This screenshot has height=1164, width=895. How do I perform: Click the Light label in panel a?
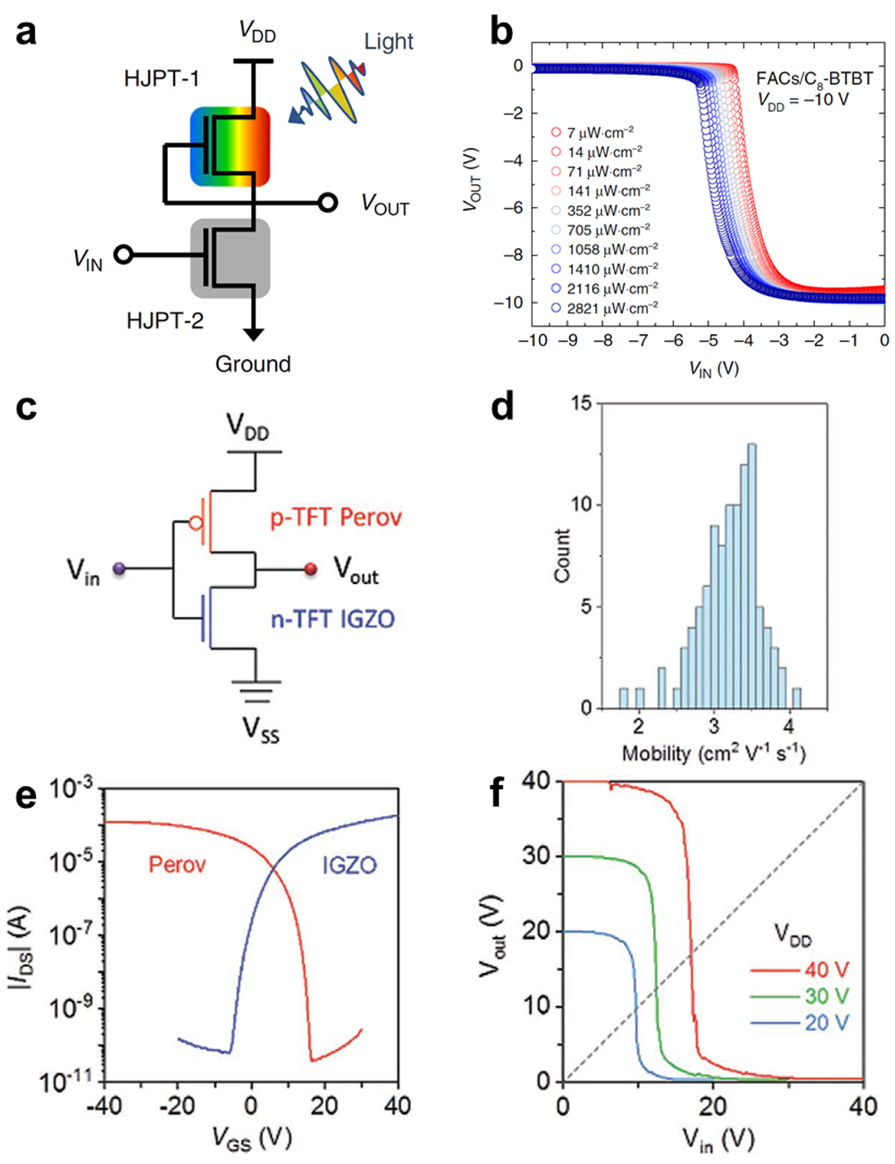click(388, 41)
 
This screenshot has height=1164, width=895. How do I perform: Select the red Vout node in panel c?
click(311, 569)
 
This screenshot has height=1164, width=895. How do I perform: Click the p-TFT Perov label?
click(336, 518)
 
